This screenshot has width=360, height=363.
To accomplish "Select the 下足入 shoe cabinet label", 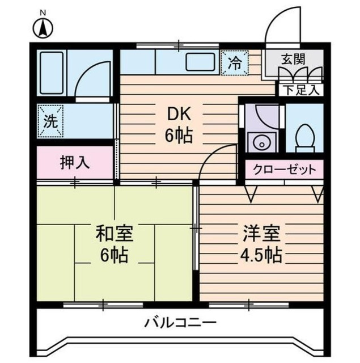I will pyautogui.click(x=301, y=88).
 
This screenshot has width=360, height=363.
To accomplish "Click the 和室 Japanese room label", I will pyautogui.click(x=110, y=232).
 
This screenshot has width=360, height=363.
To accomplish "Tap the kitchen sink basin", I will pyautogui.click(x=197, y=62).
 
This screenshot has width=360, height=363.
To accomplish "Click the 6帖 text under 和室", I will pyautogui.click(x=110, y=255).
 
